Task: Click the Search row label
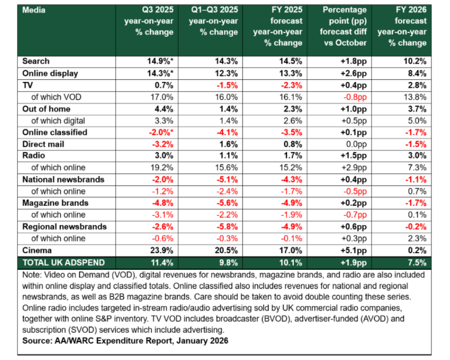click(36, 61)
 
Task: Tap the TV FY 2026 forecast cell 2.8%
click(414, 85)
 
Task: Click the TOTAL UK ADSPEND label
click(64, 262)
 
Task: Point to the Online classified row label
click(54, 132)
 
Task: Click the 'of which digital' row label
click(58, 121)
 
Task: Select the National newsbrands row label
click(63, 180)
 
